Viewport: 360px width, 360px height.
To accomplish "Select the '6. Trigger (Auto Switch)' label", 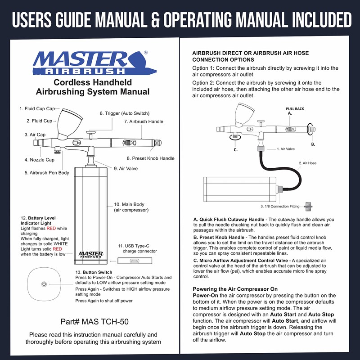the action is pos(124,113).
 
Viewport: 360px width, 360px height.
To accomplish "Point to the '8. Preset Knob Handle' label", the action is pos(150,158).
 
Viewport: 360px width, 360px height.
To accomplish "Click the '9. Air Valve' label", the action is pos(126,169).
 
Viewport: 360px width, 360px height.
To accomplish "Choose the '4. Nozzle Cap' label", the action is pos(39,160).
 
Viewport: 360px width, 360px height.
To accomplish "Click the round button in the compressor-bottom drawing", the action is pos(44,284).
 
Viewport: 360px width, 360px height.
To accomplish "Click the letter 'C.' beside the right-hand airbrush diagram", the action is pos(235,149).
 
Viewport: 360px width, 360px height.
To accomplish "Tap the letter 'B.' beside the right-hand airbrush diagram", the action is pos(313,144).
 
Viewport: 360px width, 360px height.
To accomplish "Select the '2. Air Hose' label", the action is pos(307,163).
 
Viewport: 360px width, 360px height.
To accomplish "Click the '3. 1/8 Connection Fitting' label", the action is pos(280,207).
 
